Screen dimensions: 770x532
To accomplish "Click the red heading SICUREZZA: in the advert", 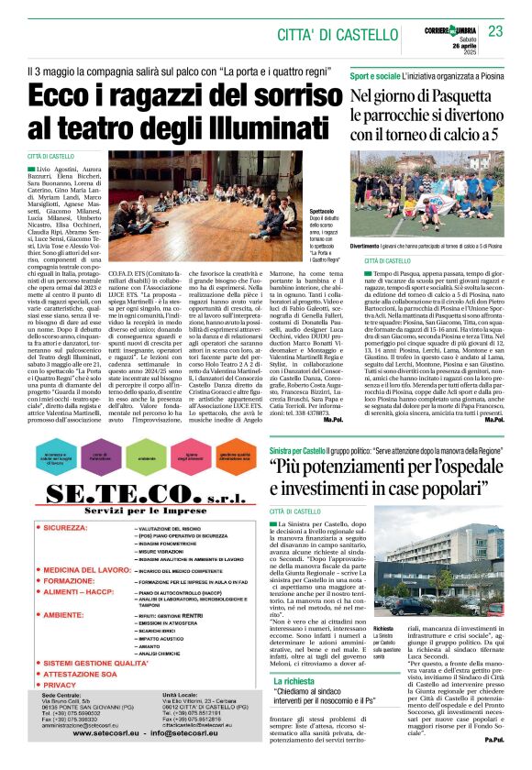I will point(78,530).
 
